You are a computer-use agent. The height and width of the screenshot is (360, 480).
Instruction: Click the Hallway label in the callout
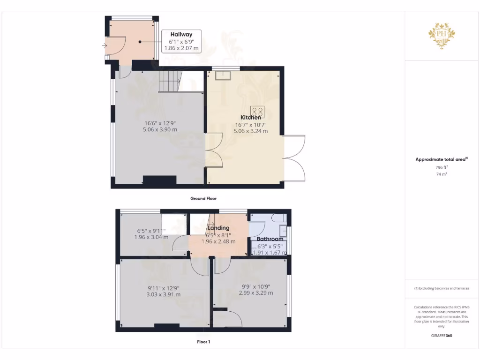tap(181, 34)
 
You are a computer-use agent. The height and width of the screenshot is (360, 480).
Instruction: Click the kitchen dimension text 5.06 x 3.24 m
tap(251, 131)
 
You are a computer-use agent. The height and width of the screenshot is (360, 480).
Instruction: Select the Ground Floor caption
tap(203, 198)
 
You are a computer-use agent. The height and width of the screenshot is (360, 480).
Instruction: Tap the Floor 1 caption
tap(203, 342)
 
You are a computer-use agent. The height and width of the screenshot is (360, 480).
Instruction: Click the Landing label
tap(218, 228)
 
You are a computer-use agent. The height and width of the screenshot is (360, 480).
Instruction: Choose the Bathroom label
tap(270, 239)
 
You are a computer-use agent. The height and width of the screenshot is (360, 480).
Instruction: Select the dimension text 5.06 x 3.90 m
tap(160, 129)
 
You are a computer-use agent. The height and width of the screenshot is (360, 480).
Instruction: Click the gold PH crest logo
tap(442, 36)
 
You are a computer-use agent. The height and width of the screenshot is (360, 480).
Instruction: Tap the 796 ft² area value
tap(442, 167)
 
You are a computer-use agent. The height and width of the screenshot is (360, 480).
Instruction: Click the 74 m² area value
tap(442, 174)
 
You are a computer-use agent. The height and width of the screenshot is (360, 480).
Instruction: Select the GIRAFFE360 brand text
tap(442, 336)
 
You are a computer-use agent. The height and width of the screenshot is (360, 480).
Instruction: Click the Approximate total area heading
tap(441, 159)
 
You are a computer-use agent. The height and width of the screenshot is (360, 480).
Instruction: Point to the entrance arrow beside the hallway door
tap(103, 45)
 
